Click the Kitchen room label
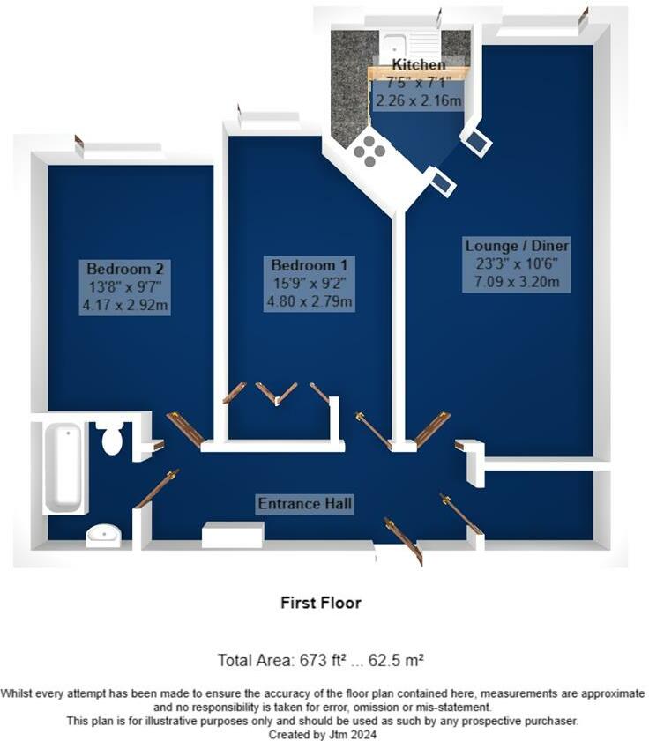click(419, 65)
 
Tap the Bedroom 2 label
click(126, 268)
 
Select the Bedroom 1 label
click(303, 265)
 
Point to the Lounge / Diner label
click(518, 245)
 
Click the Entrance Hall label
click(305, 504)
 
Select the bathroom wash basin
click(103, 534)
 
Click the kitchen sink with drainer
click(410, 44)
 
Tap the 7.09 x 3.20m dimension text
click(518, 283)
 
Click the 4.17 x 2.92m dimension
click(126, 306)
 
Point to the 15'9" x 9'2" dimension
click(303, 284)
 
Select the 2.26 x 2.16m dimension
click(419, 101)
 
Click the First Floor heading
click(321, 603)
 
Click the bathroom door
click(156, 489)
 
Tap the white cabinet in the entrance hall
click(233, 535)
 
